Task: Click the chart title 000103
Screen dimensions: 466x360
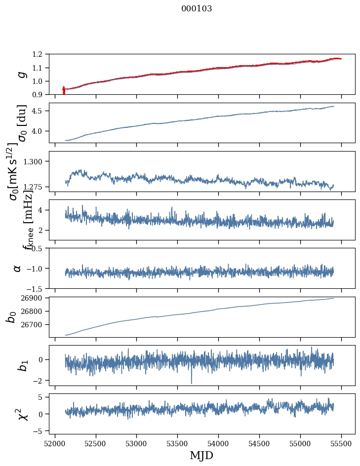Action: (x=197, y=9)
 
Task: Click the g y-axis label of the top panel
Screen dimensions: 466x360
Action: (x=20, y=74)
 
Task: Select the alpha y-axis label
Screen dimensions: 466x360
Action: (x=18, y=268)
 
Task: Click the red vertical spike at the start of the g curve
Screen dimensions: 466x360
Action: (x=64, y=91)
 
